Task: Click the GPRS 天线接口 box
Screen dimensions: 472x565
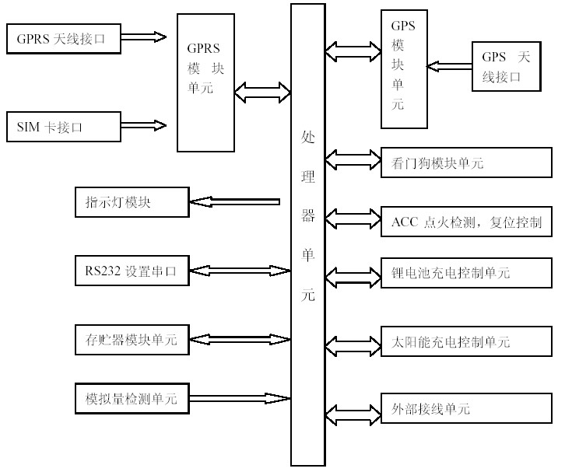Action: click(x=63, y=37)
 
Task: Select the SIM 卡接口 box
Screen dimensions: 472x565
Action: click(x=63, y=127)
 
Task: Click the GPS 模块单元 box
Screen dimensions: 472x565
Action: click(x=403, y=68)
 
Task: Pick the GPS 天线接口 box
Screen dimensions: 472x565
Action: click(x=505, y=67)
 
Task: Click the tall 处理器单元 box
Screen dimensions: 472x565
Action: click(x=307, y=233)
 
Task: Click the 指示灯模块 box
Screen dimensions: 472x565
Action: click(x=132, y=202)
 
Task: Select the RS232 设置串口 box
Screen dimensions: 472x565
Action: click(x=132, y=271)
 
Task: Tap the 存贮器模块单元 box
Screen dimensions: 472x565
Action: click(x=132, y=339)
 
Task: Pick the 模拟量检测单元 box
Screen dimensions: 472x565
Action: click(x=132, y=399)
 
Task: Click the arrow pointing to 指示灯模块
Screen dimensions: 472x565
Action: click(x=234, y=202)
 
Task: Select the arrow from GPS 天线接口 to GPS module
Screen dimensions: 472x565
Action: click(x=450, y=66)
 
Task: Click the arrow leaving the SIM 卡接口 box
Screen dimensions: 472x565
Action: click(x=144, y=125)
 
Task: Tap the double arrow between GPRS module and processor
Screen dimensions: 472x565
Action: click(x=263, y=93)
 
